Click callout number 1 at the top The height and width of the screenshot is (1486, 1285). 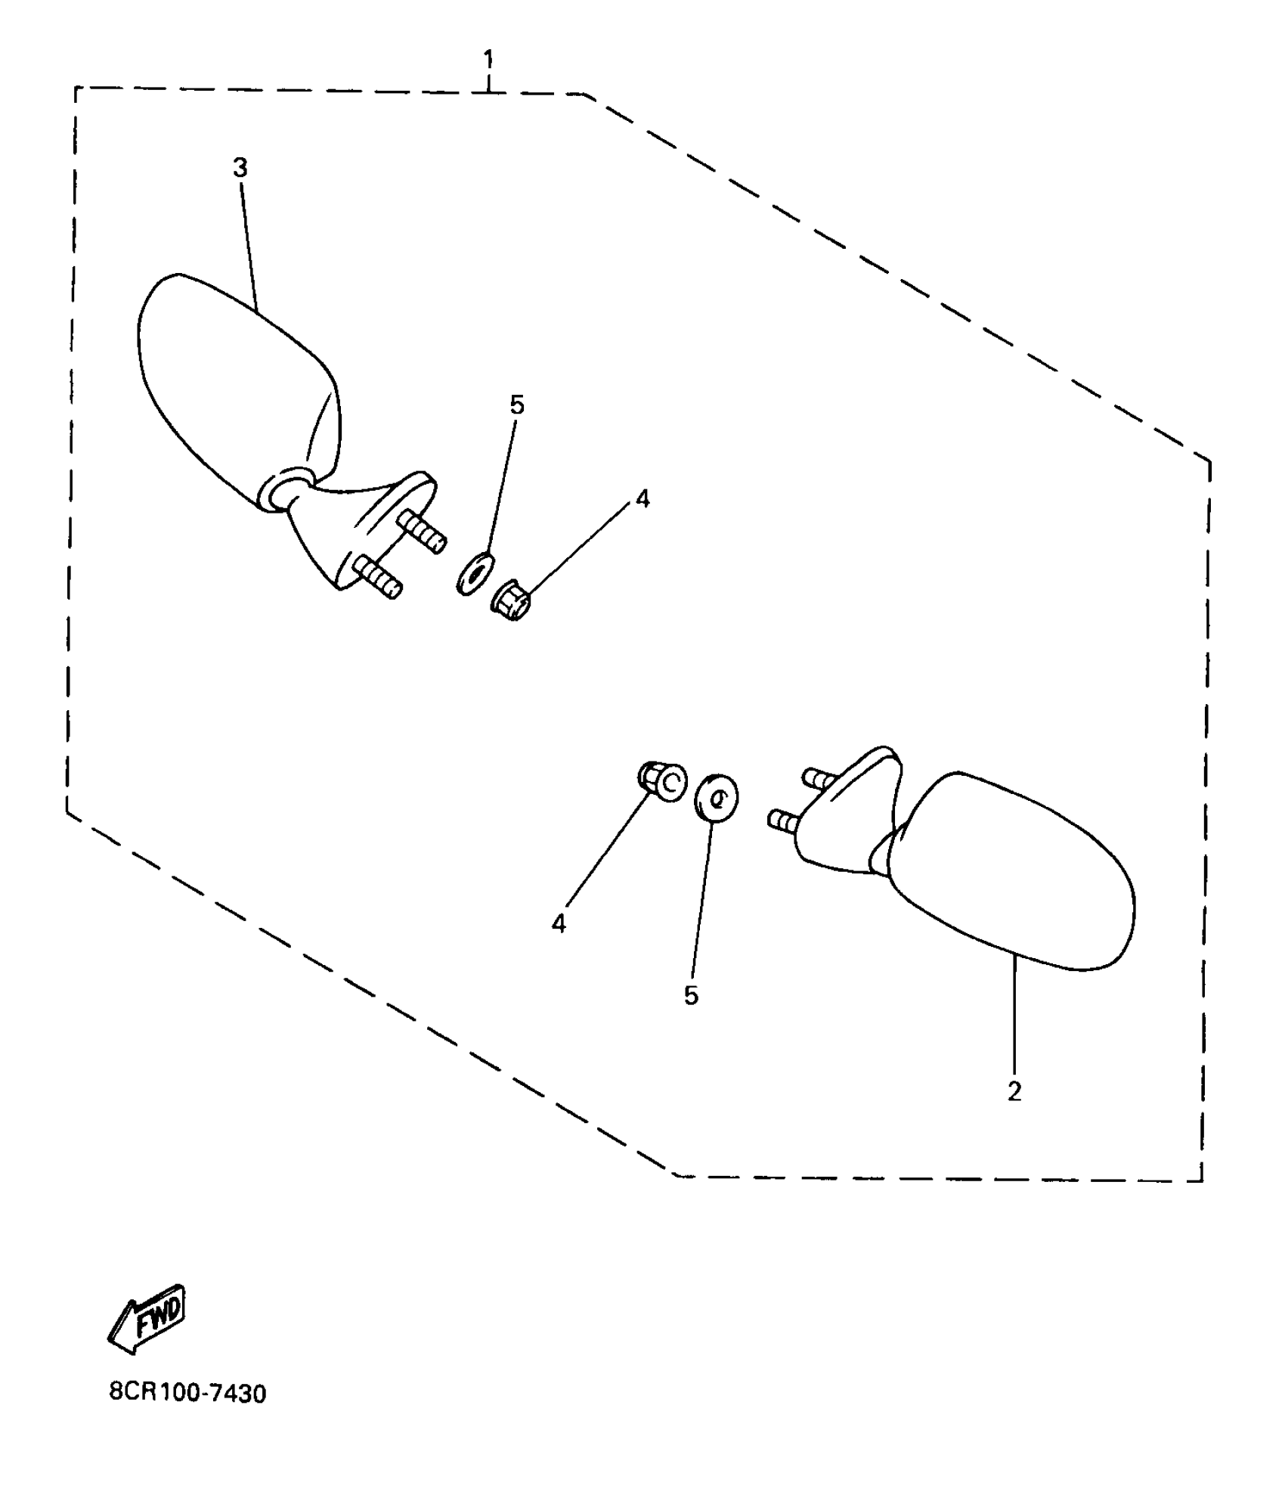[488, 59]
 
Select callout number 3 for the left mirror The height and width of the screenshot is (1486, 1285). [240, 168]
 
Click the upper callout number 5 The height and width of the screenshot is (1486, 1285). [517, 405]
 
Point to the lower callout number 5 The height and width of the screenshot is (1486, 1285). [691, 996]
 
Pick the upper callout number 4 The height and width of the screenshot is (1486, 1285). [642, 498]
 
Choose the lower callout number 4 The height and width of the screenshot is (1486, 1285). [559, 923]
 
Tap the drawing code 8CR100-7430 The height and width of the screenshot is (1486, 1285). [187, 1392]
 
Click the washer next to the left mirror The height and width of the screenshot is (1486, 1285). [475, 573]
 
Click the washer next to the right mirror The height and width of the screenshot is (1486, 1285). [716, 797]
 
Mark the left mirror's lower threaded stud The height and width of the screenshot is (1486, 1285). [379, 576]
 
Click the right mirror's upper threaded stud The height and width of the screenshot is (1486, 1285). [819, 778]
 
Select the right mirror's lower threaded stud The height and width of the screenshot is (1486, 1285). [783, 821]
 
